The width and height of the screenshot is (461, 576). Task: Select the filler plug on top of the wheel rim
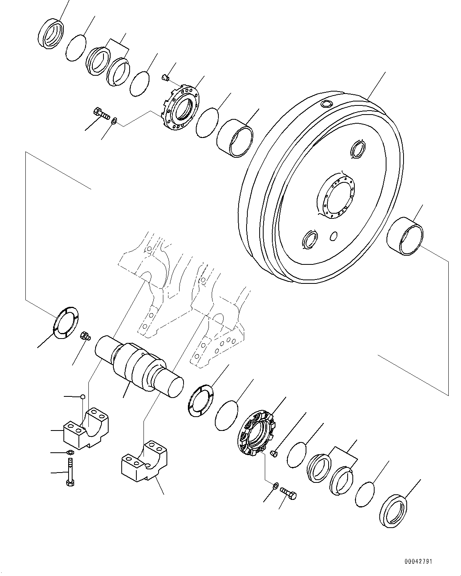pos(326,104)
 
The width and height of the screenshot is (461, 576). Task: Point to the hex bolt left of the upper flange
pos(101,114)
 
